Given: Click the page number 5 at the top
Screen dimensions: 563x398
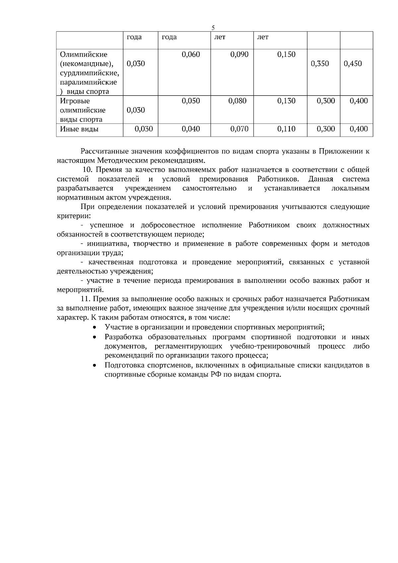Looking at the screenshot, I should pos(214,28).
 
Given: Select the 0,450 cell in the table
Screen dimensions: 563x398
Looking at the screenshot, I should pos(353,64).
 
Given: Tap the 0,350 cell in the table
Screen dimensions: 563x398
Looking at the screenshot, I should pos(320,64).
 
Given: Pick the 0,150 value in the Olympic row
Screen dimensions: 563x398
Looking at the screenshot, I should pos(286,54).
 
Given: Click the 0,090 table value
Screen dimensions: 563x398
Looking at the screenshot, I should pos(239,54).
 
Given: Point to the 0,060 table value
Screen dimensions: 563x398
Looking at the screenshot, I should pos(191,54).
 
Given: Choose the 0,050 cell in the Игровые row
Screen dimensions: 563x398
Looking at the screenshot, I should pos(191,101).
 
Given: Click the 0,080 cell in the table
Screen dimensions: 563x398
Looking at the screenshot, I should pos(237,101).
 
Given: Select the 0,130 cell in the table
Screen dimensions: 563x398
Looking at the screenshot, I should pos(286,101).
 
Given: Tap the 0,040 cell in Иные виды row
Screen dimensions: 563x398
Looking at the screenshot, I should pos(191,129).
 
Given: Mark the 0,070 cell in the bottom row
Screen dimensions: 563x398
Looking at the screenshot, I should pos(239,129).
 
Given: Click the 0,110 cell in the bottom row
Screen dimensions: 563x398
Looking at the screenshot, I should pos(286,129).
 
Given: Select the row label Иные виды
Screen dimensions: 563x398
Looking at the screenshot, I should pos(79,129).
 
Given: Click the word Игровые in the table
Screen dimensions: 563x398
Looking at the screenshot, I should pos(75,101).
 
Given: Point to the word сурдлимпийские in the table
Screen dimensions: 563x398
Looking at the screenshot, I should pos(89,73).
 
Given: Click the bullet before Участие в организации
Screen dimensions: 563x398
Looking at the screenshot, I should pos(95,328).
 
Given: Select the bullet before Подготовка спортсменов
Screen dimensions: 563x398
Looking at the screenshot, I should pos(95,366).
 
